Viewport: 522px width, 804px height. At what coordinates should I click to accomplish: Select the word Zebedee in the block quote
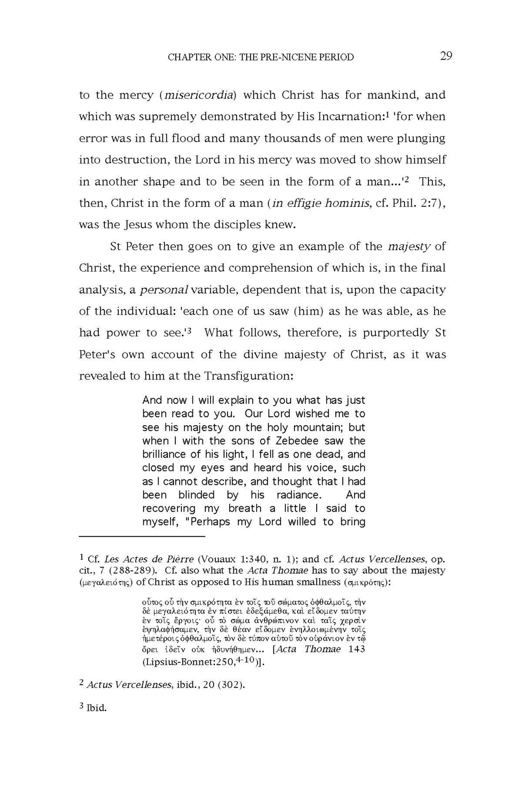click(297, 441)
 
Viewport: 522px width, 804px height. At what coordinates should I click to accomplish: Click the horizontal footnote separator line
click(142, 537)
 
